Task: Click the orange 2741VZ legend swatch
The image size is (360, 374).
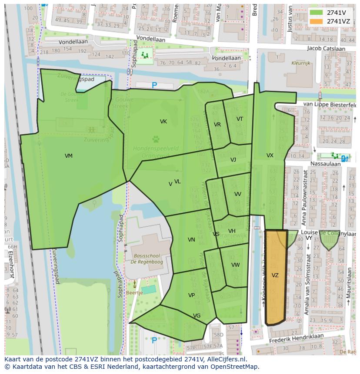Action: coord(317,21)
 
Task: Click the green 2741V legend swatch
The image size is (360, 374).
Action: coord(317,13)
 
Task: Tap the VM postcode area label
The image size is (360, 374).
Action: coord(69,156)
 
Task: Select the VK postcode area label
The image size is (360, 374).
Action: coord(163,122)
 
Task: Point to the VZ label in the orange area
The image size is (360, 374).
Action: coord(275,275)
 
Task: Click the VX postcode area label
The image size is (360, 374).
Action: coord(270,156)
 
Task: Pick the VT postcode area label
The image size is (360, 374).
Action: coord(240,119)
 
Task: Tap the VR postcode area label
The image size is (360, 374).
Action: coord(217,125)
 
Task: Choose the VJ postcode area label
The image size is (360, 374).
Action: coord(233,160)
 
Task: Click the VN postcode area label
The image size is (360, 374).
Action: coord(191,240)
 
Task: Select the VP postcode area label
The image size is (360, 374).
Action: coord(191,295)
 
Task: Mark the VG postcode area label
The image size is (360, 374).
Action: coord(197,316)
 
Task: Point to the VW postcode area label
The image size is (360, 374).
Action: coord(235,265)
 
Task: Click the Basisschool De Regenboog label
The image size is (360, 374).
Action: coord(148,259)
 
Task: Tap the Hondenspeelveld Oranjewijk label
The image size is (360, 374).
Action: coord(156,151)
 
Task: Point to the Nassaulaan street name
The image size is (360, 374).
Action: coord(326,164)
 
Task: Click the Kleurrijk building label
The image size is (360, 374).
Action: coord(301,63)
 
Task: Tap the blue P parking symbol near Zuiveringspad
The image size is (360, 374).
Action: coord(154,86)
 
